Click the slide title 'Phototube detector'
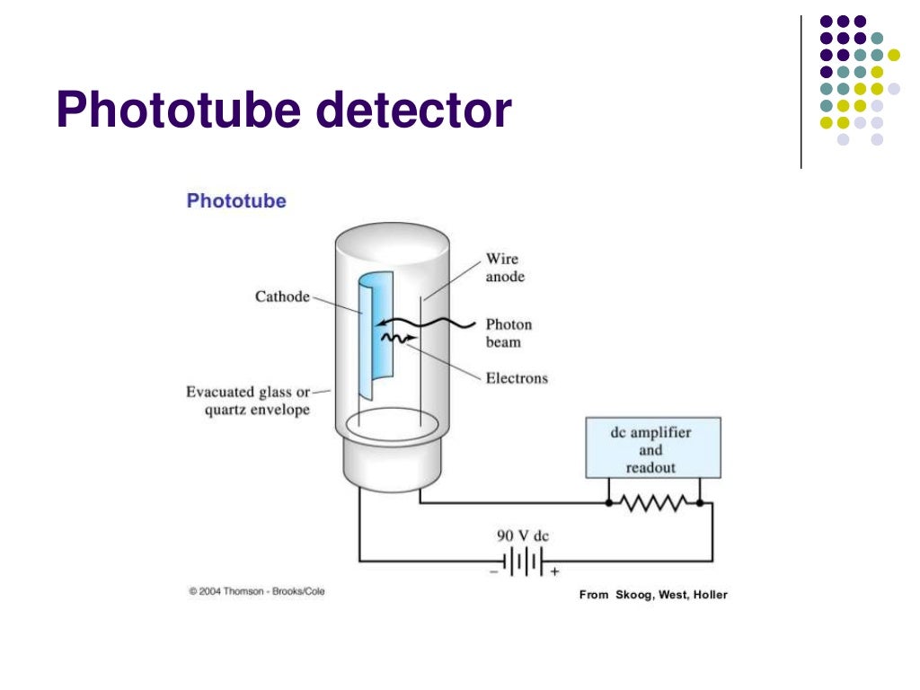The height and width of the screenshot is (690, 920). pos(283,111)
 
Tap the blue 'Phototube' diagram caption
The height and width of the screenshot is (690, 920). pos(236,201)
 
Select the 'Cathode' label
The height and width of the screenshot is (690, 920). pos(282,296)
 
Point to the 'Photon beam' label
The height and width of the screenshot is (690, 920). pos(509,332)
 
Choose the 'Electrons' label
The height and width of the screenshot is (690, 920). pos(517,378)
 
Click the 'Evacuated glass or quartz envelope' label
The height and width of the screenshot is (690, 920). pos(248,401)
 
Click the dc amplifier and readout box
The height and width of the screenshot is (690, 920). pos(651,447)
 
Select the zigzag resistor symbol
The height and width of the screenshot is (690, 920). pos(653,504)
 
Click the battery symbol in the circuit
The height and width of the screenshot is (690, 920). pos(523,562)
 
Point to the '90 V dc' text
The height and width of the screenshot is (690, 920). pos(523,536)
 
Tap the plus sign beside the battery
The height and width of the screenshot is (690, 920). pos(554,571)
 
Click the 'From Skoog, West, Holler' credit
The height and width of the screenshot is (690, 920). pos(653,595)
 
